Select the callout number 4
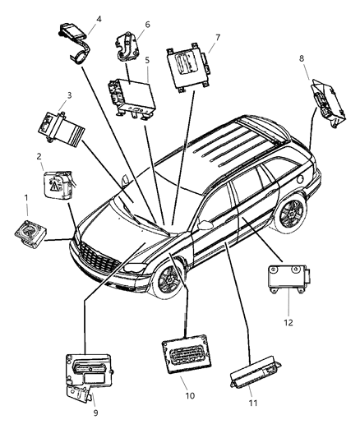pyautogui.click(x=99, y=18)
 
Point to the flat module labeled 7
pyautogui.click(x=187, y=66)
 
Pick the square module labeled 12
pyautogui.click(x=286, y=279)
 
